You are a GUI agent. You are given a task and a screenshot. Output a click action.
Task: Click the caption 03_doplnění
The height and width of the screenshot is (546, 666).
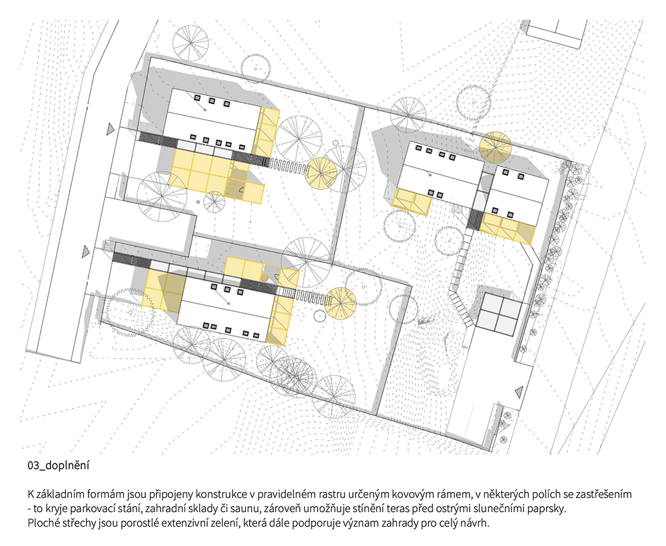(x=59, y=465)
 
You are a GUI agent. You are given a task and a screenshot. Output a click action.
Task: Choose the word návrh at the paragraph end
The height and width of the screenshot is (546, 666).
(x=477, y=523)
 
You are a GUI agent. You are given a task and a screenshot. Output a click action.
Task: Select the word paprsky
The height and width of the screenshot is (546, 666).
(x=550, y=509)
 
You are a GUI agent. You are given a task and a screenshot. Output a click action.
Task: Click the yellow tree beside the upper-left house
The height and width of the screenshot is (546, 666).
(x=322, y=173)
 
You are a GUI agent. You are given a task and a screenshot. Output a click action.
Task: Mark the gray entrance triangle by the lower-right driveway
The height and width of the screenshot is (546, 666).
(x=518, y=392)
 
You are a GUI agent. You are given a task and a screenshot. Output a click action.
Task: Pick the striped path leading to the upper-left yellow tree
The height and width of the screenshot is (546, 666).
(x=288, y=166)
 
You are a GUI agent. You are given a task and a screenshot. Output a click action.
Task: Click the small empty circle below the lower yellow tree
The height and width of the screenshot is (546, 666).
(x=319, y=316)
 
